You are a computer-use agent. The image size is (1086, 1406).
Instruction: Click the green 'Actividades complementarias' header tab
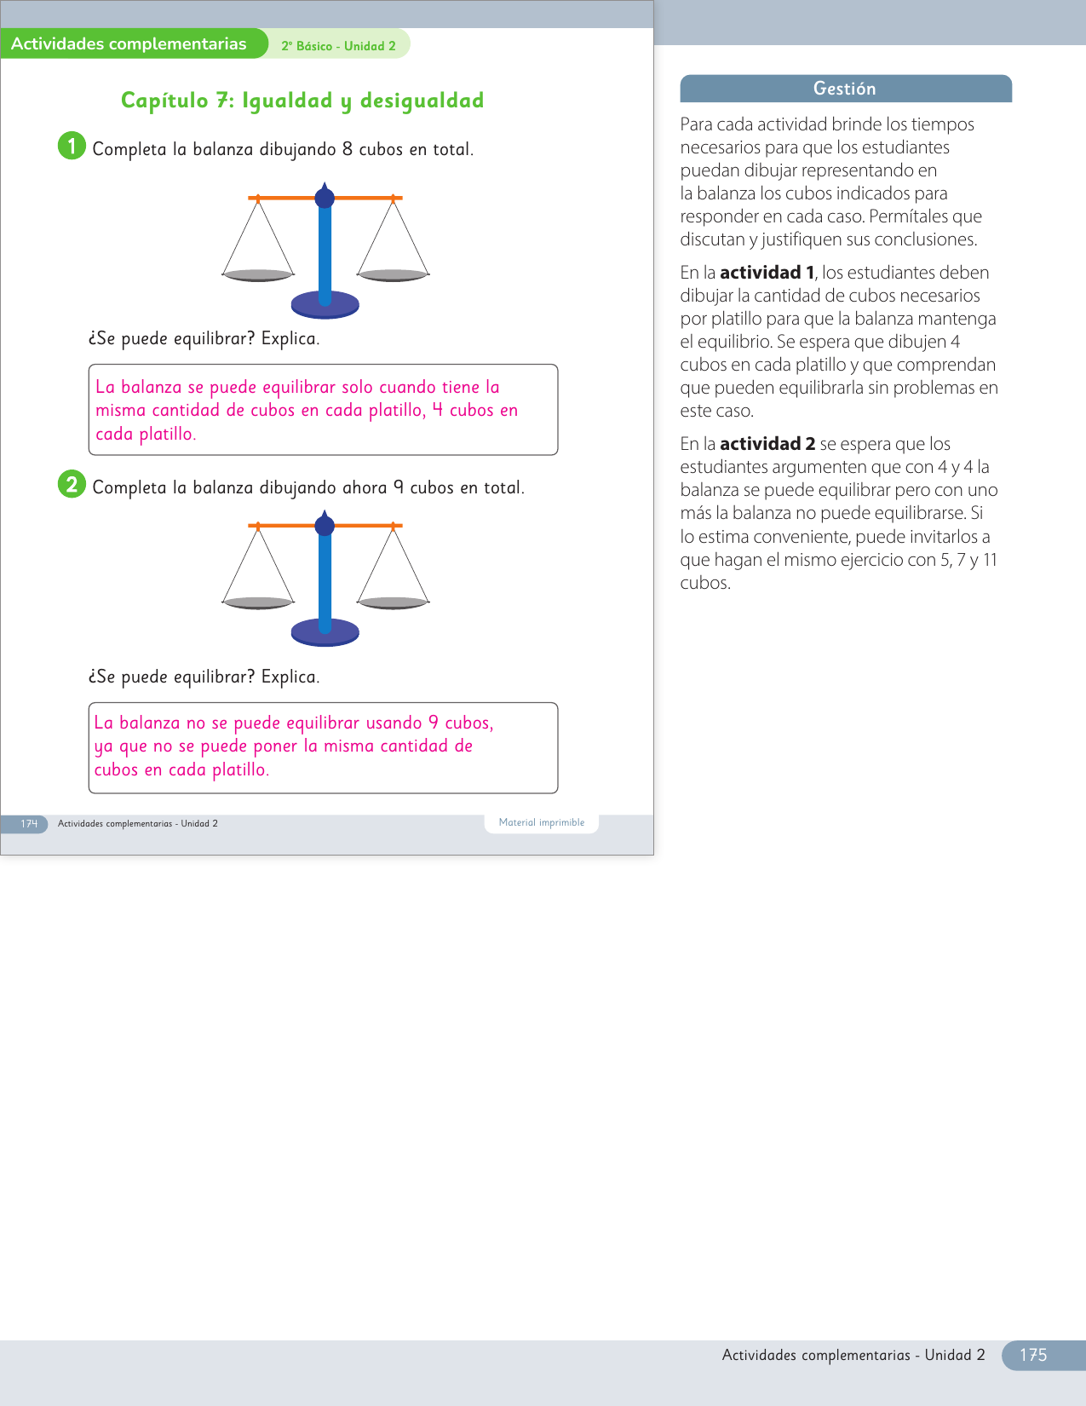click(129, 44)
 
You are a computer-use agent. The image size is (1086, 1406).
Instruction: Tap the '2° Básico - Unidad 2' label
click(338, 46)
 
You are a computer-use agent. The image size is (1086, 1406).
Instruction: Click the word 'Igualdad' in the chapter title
click(287, 101)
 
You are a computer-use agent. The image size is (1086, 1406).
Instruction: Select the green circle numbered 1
click(72, 146)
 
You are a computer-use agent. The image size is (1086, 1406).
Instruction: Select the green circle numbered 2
click(72, 484)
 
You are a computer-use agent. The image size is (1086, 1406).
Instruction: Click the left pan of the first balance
click(258, 274)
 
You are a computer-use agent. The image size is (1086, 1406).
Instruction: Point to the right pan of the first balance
click(393, 274)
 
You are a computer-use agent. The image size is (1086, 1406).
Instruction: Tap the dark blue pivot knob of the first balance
click(325, 198)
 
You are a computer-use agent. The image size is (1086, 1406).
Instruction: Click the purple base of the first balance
click(325, 304)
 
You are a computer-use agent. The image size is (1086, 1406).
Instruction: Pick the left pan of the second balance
click(258, 602)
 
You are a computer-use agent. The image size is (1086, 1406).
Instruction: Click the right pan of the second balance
click(393, 602)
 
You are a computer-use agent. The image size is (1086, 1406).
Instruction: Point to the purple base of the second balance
click(325, 632)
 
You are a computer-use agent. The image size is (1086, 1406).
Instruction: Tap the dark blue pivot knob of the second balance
click(325, 526)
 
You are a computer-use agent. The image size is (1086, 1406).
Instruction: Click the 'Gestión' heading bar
click(845, 89)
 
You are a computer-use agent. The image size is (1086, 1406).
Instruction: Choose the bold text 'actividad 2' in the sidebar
click(767, 444)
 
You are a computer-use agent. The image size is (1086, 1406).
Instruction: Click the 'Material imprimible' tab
click(542, 823)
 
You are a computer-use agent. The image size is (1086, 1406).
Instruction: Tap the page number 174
click(29, 824)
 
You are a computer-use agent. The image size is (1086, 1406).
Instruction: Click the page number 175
click(1032, 1355)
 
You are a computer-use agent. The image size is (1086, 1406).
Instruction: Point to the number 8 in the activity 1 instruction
click(348, 149)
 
